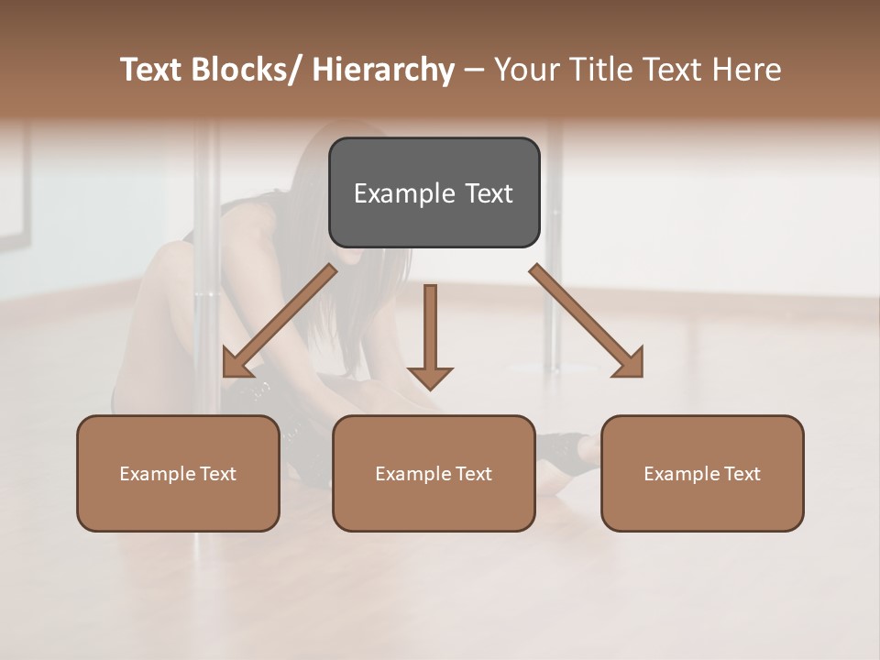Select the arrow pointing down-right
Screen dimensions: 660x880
(587, 322)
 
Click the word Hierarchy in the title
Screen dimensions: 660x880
(383, 70)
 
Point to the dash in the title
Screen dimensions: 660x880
(474, 70)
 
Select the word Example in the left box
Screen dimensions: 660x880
(158, 474)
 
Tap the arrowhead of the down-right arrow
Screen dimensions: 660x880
(630, 364)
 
